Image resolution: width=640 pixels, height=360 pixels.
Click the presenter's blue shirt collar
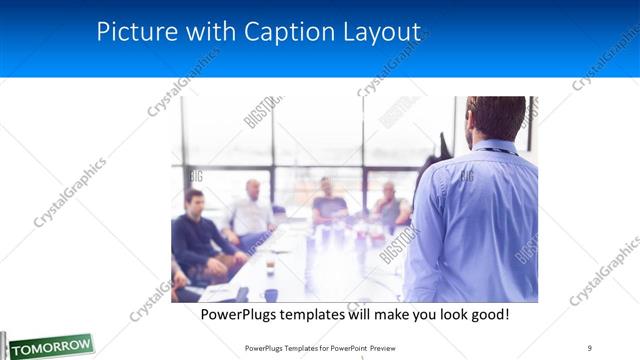[x=496, y=149]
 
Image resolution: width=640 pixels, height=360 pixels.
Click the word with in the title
[x=205, y=32]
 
